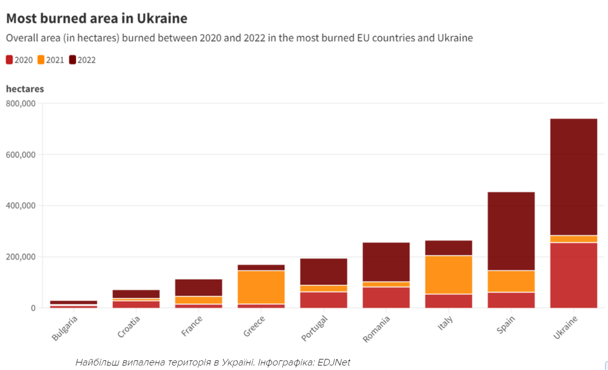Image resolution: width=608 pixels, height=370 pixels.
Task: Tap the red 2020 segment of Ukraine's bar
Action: (573, 275)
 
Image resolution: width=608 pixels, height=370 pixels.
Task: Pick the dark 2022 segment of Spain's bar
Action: (511, 231)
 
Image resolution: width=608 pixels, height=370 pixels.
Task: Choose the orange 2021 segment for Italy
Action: (449, 275)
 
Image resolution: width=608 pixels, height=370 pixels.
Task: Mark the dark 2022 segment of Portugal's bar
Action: (324, 272)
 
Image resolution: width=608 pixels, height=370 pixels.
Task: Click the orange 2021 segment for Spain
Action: (511, 281)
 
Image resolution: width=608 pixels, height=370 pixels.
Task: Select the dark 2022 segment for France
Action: (198, 288)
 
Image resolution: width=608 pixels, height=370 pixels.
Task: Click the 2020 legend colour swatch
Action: (9, 60)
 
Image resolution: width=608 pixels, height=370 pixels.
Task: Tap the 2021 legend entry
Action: (55, 60)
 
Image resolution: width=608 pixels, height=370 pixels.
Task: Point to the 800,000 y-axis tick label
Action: (21, 103)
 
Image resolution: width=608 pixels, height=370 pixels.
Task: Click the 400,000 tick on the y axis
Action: (21, 205)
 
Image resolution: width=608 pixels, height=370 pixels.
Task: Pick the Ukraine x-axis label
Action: (565, 327)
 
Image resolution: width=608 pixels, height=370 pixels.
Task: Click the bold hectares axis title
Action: (25, 89)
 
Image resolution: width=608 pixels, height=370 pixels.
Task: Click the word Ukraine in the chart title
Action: (162, 19)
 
